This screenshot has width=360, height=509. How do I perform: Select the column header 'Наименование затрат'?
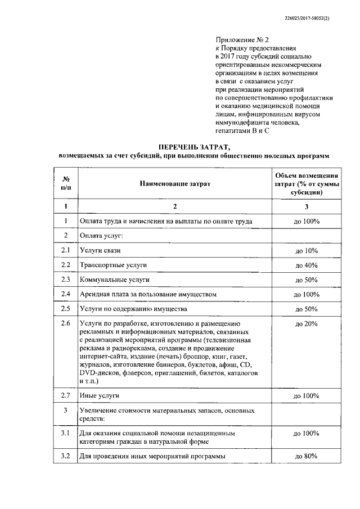pos(174,184)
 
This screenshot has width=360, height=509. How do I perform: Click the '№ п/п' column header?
pos(66,184)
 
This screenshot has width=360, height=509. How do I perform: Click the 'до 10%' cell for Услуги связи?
pos(307,250)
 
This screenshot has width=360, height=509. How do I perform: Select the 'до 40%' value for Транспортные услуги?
pos(307,265)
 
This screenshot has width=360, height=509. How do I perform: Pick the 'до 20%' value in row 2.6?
pos(307,324)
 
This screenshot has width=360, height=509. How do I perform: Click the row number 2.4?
pos(66,294)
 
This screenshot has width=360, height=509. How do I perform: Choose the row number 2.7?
pos(66,396)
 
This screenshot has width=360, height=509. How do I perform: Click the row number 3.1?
pos(66,433)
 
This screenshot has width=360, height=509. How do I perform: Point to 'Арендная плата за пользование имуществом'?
pos(148,294)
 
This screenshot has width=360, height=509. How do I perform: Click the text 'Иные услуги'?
pos(100,397)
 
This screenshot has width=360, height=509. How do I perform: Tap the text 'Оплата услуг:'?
pos(102,236)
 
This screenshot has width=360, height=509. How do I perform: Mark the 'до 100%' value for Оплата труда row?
pos(307,221)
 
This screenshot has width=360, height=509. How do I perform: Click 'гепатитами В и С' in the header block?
pos(242,130)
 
